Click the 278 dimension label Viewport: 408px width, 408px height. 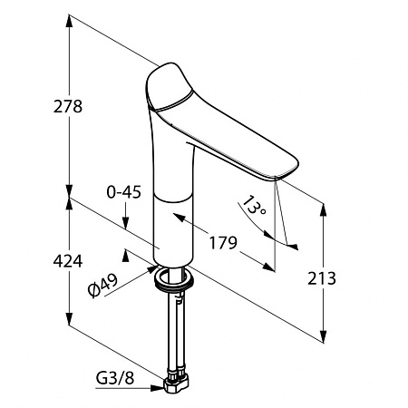[68, 106]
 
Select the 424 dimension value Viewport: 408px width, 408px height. [68, 261]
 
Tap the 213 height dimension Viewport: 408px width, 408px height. [322, 278]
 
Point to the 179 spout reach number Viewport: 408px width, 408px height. [223, 243]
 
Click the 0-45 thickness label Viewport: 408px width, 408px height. [124, 192]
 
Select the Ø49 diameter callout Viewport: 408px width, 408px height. [102, 285]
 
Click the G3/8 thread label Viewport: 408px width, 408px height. [115, 378]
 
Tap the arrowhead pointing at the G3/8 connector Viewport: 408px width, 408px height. [158, 388]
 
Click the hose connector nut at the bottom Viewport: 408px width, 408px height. [176, 383]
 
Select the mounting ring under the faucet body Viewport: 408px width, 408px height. [173, 280]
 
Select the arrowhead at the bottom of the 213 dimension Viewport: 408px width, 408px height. [323, 336]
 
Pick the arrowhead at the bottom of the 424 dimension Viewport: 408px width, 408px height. [70, 318]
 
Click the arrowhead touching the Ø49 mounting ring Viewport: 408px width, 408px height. [152, 268]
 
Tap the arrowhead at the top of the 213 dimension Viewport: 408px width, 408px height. [323, 210]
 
